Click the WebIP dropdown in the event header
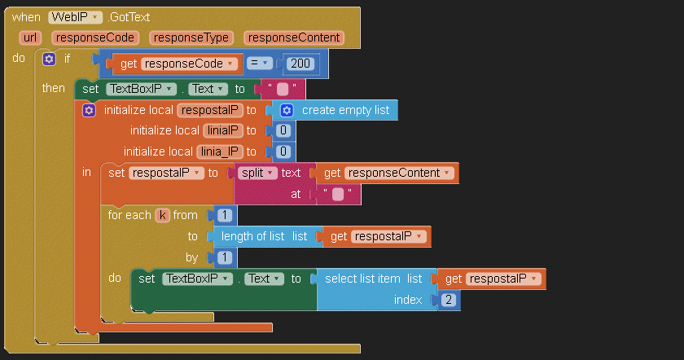75,17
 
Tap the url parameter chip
30,37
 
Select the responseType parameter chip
191,37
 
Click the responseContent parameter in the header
294,37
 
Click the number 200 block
300,64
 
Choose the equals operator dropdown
259,64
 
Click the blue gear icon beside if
49,59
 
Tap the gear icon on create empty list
287,110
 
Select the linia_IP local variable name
220,151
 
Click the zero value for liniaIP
283,130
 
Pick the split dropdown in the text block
257,173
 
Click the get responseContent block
387,173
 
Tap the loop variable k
162,215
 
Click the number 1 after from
225,215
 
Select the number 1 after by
225,257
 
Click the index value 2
449,300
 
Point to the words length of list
252,236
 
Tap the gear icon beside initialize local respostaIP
89,110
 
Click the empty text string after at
338,194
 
